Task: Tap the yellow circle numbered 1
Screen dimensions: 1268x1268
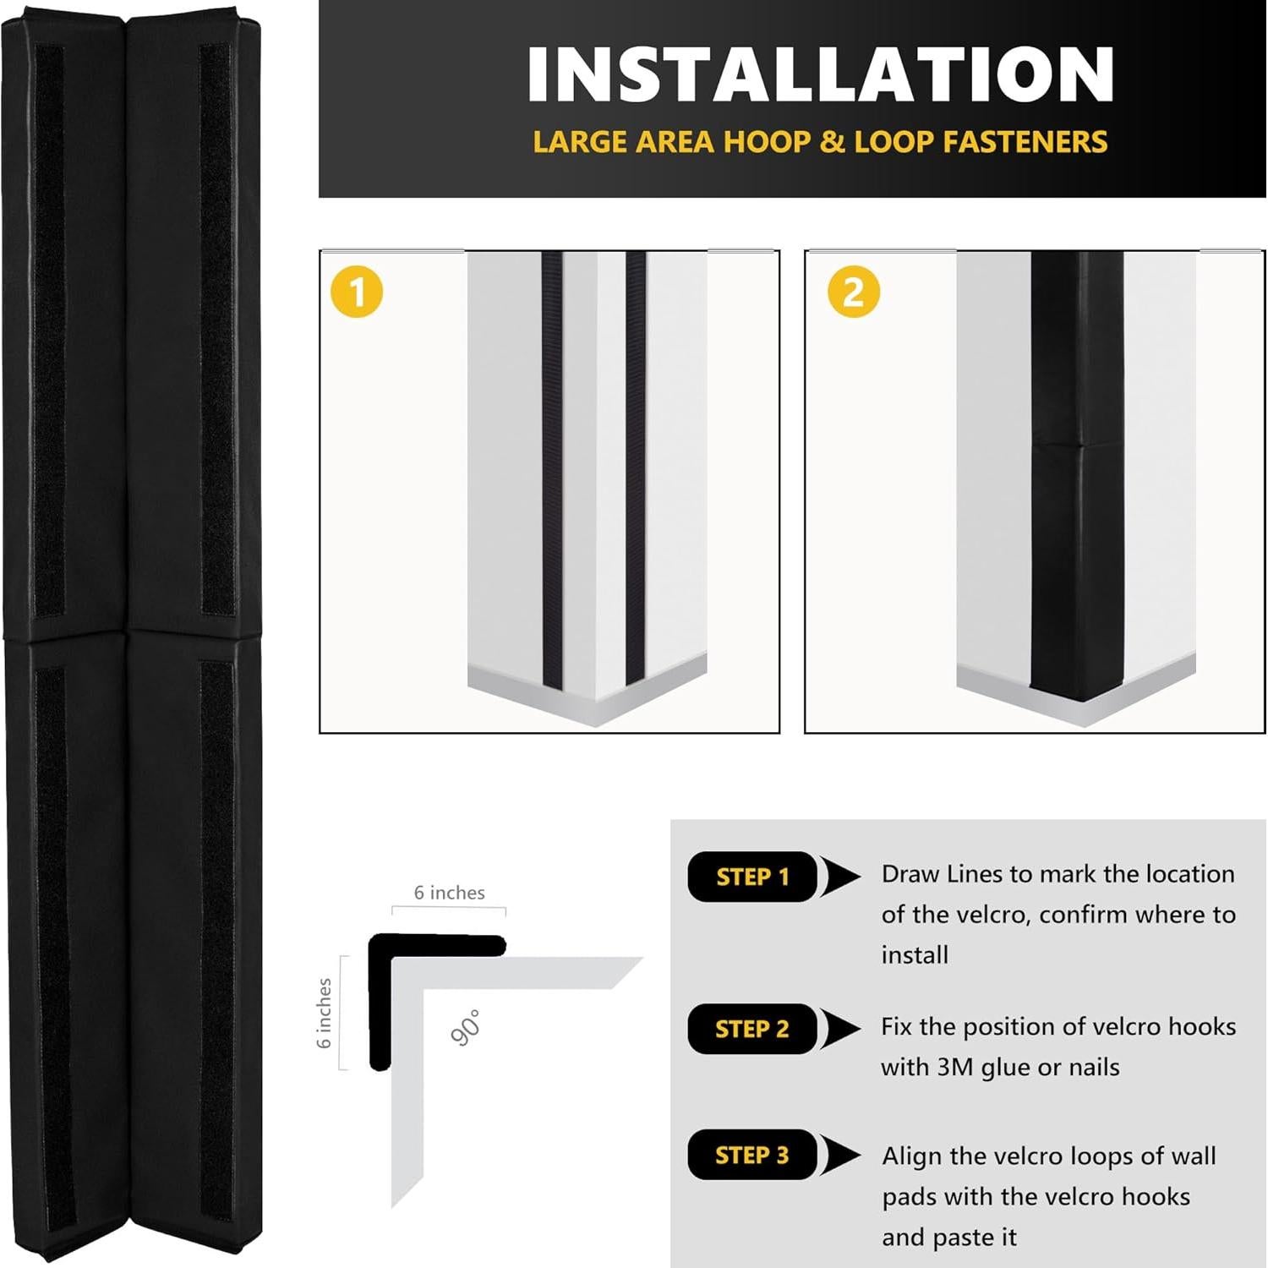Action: point(357,292)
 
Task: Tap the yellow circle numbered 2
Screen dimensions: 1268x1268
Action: point(854,292)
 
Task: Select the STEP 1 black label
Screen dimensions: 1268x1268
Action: point(752,877)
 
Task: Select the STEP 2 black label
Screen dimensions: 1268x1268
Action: point(752,1029)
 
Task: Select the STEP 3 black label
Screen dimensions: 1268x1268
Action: point(752,1155)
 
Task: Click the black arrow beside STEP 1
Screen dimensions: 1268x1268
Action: point(839,877)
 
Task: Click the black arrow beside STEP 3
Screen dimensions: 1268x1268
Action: point(839,1155)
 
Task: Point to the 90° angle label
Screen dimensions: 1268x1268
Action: point(466,1028)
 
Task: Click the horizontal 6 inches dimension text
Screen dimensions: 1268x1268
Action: point(449,893)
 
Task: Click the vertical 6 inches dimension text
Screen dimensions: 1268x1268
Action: point(324,1013)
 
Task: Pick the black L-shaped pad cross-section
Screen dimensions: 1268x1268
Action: point(380,997)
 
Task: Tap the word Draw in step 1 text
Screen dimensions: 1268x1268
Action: point(910,874)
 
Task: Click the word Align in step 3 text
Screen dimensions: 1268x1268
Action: point(911,1156)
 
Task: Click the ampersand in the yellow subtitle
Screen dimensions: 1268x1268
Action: point(807,142)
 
